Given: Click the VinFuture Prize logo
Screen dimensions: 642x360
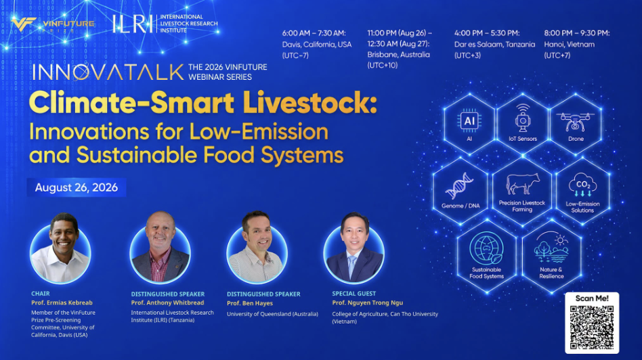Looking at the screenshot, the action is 53,24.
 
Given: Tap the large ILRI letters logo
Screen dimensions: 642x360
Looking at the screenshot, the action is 133,24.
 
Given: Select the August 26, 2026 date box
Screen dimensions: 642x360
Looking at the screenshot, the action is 77,187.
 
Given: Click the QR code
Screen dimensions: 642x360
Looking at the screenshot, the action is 592,327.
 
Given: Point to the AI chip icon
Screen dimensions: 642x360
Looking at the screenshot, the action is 469,120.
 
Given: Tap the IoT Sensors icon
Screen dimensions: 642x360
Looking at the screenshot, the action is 523,118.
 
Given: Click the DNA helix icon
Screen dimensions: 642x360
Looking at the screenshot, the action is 459,186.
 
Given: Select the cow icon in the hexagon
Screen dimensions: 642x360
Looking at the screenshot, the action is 522,183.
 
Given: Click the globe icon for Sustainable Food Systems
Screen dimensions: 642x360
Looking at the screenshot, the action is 486,248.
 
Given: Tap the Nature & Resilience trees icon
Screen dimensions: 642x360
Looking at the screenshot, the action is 551,249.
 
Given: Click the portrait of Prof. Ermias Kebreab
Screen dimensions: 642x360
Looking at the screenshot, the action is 60,249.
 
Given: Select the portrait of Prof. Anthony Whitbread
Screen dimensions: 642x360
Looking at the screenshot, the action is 160,248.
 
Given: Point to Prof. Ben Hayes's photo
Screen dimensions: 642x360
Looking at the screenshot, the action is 257,248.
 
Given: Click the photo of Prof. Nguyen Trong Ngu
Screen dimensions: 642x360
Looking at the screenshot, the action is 354,248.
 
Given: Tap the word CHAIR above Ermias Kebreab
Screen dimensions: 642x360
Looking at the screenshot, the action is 41,293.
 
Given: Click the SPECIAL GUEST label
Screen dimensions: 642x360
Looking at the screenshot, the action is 354,293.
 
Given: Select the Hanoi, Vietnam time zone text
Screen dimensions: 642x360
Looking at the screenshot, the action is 569,44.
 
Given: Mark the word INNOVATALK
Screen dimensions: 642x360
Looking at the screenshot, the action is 108,72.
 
